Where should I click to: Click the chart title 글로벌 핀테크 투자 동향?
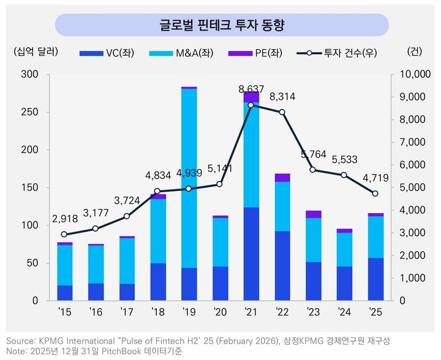(x=222, y=25)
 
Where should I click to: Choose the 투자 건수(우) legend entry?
(x=334, y=53)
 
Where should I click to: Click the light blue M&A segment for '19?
(x=189, y=178)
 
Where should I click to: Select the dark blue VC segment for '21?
(x=252, y=253)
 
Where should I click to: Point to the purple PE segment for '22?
(x=283, y=178)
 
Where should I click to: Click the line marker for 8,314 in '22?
(x=282, y=112)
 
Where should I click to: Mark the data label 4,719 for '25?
(x=375, y=178)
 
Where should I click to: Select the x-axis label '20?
(x=220, y=312)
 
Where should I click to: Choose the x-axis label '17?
(x=127, y=312)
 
